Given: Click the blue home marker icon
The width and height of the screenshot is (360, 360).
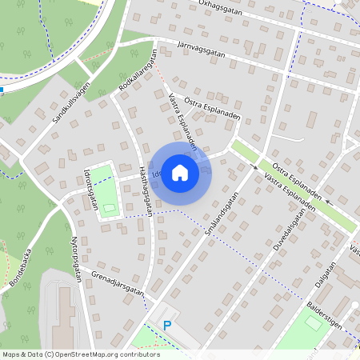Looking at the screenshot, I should point(181,172).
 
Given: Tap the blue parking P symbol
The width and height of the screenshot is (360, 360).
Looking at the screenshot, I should point(167,325).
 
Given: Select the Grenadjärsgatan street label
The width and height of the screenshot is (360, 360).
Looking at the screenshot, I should point(118,286).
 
